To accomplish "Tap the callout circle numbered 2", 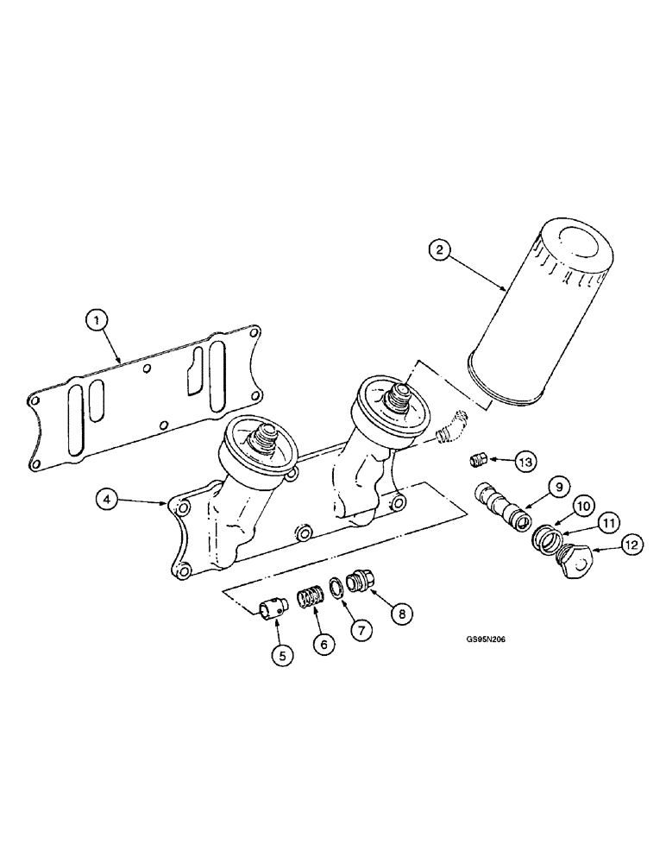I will tap(440, 251).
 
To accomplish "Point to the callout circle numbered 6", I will tap(324, 643).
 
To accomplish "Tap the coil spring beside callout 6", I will tap(309, 597).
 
